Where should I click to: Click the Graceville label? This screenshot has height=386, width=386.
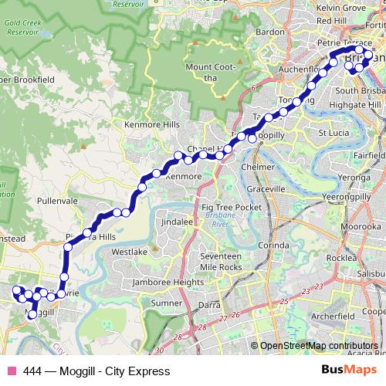point(265,188)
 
